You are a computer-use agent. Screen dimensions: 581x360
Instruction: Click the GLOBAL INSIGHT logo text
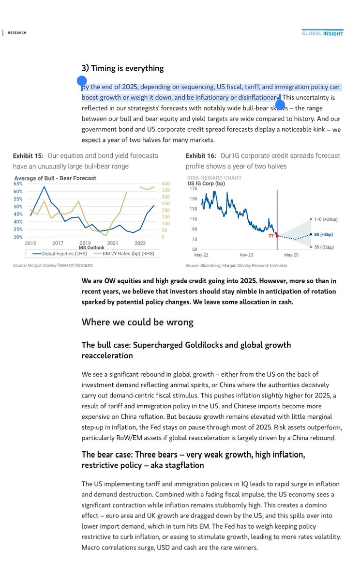coord(322,33)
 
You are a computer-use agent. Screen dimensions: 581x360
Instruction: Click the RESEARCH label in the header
coord(17,33)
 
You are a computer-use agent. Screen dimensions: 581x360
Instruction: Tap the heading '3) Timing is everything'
coord(122,68)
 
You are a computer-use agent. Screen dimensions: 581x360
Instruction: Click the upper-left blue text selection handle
coord(82,81)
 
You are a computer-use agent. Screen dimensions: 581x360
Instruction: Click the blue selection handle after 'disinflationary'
coord(280,105)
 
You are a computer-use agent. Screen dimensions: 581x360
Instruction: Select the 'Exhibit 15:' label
coord(28,156)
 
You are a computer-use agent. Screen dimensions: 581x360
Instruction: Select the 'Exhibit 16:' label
coord(201,156)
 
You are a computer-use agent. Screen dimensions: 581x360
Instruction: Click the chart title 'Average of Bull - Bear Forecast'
coord(55,178)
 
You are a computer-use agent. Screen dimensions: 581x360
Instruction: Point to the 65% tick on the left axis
coord(18,184)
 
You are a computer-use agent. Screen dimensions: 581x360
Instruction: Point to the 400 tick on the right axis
coord(166,184)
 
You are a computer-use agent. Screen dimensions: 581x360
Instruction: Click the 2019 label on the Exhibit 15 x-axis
coord(85,243)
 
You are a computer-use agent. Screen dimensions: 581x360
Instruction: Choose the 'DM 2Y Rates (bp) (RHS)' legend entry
coord(127,253)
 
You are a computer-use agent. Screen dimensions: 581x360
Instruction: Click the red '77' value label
coord(271,236)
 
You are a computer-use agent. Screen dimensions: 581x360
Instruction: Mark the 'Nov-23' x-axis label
coord(246,255)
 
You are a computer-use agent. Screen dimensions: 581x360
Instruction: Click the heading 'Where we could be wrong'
coord(137,322)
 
